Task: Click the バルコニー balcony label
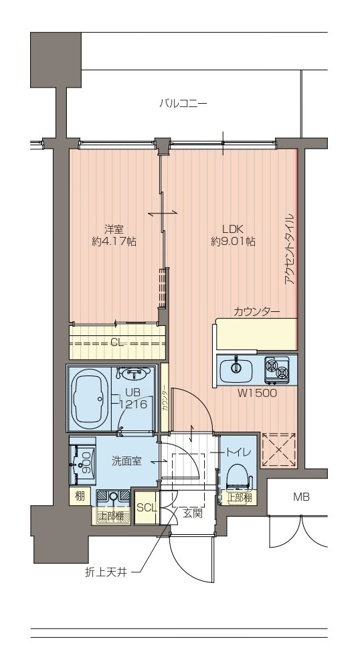183,103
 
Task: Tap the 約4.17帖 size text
114,242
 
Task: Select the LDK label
233,230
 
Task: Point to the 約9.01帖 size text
233,242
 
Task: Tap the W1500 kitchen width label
256,394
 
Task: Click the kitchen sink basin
236,369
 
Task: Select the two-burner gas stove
277,368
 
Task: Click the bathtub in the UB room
89,399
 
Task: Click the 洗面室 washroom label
126,461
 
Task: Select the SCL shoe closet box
146,507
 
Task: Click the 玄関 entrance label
192,513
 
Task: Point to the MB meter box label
300,497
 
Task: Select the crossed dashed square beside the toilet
278,449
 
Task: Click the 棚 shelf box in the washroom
80,496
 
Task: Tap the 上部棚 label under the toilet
240,498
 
